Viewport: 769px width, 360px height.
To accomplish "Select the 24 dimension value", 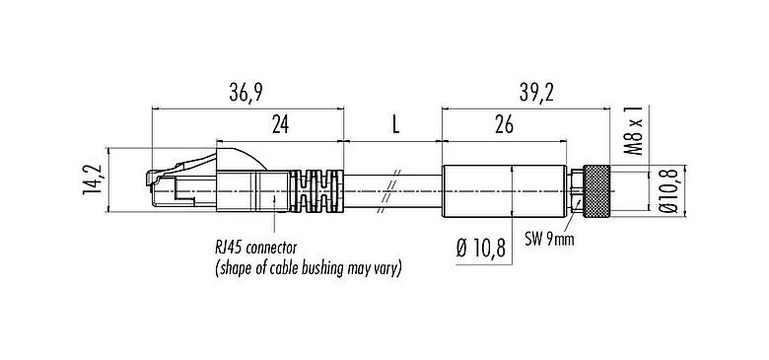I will [x=280, y=125].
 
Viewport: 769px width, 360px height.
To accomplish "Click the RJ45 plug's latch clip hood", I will [x=236, y=155].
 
